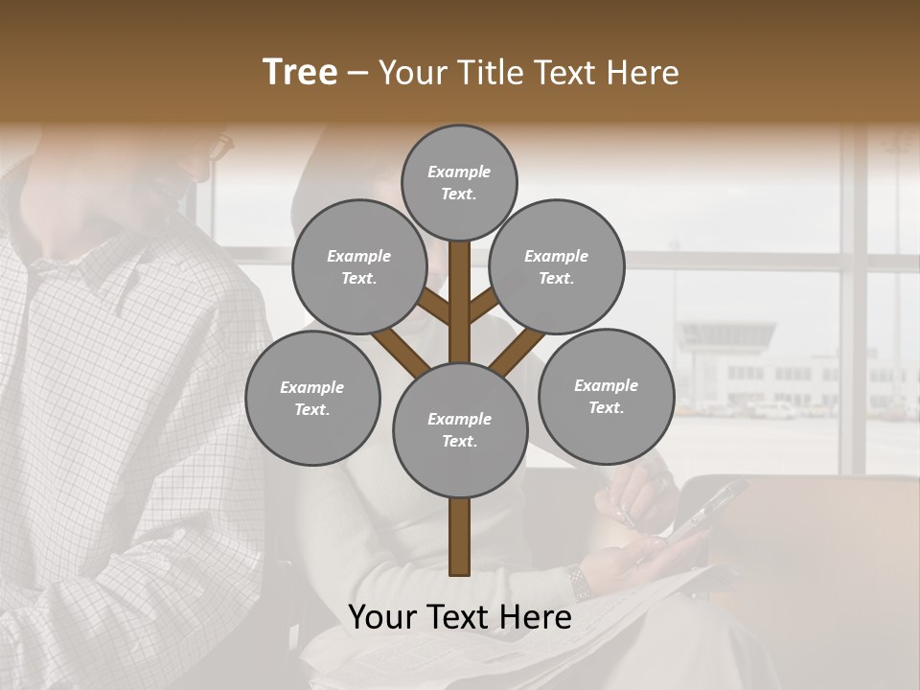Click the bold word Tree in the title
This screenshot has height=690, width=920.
pyautogui.click(x=300, y=73)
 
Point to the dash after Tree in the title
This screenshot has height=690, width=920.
pyautogui.click(x=357, y=74)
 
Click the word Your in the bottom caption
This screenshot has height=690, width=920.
pyautogui.click(x=383, y=617)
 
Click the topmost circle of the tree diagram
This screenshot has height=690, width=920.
pyautogui.click(x=459, y=182)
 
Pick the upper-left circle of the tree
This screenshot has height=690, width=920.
pyautogui.click(x=358, y=266)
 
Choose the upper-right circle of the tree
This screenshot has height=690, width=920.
pyautogui.click(x=557, y=266)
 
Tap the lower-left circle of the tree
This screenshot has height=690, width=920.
pyautogui.click(x=312, y=398)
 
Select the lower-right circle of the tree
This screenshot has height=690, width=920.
pyautogui.click(x=606, y=396)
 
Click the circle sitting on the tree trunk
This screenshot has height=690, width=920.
pyautogui.click(x=460, y=429)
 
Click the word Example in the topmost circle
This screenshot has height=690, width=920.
pyautogui.click(x=459, y=172)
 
